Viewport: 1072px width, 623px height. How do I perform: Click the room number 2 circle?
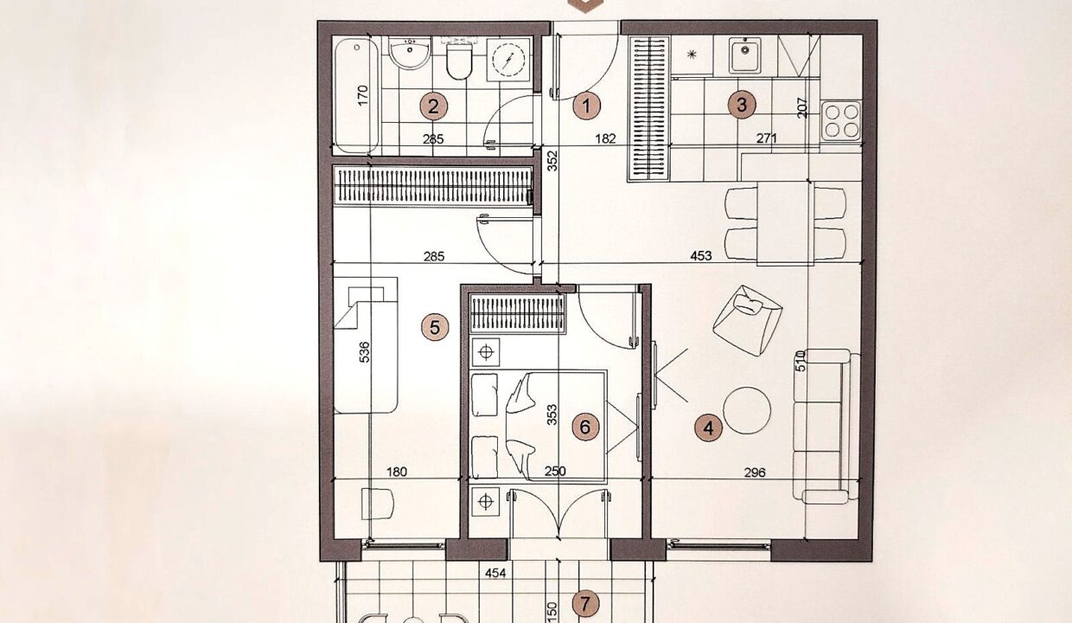tap(434, 106)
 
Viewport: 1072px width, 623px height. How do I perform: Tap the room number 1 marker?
tap(587, 106)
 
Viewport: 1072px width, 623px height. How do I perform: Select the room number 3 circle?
tap(742, 105)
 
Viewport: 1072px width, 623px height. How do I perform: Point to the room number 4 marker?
tap(709, 427)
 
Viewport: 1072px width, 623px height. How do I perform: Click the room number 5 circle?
tap(435, 328)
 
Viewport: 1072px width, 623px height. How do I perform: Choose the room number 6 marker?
tap(586, 427)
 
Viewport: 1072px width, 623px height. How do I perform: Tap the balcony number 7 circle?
tap(586, 604)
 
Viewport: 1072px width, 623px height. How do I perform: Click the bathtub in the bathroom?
tap(356, 96)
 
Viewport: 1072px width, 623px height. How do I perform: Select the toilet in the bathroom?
tap(459, 60)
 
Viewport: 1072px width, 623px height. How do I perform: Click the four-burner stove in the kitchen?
tap(841, 120)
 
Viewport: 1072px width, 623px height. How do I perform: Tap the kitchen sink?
tap(745, 56)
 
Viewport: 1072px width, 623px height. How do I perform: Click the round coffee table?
tap(747, 410)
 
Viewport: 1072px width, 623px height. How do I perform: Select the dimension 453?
tap(701, 256)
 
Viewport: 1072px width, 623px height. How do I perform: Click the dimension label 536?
tap(364, 352)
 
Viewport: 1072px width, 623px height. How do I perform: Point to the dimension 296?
tap(755, 472)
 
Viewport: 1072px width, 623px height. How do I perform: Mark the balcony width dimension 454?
tap(495, 573)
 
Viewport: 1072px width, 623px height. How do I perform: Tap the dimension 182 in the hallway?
tap(605, 138)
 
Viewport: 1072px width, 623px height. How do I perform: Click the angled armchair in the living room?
tap(748, 320)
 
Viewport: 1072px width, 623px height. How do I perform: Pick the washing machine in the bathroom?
tap(508, 60)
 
